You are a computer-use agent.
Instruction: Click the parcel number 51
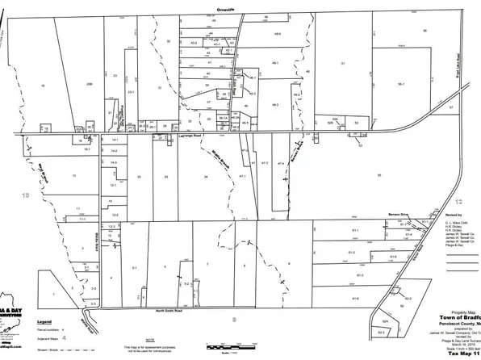[344, 63]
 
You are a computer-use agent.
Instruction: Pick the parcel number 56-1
[400, 83]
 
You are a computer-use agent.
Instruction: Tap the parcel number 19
[42, 84]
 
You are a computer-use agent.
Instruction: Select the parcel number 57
[451, 107]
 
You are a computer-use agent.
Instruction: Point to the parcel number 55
[423, 29]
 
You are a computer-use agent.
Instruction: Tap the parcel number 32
[356, 123]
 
